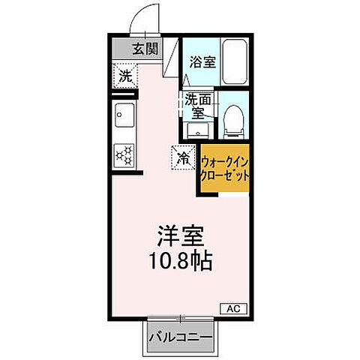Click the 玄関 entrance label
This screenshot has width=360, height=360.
[x=146, y=50]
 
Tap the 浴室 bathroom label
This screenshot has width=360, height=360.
[x=202, y=62]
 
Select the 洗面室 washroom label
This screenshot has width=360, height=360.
[x=198, y=106]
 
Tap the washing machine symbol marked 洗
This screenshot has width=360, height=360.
[x=124, y=76]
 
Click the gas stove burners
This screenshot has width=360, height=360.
[x=124, y=154]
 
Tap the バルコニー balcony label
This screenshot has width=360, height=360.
[x=179, y=336]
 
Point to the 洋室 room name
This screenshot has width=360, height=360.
[x=180, y=235]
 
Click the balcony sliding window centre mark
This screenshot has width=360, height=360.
[x=180, y=317]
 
